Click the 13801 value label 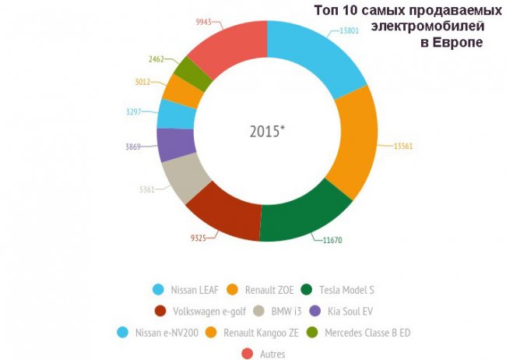[x=350, y=30]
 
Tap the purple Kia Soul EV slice [x=174, y=143]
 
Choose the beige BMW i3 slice [x=188, y=178]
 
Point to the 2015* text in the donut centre [x=267, y=131]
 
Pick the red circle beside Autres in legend [x=248, y=355]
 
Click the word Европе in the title [x=459, y=43]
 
